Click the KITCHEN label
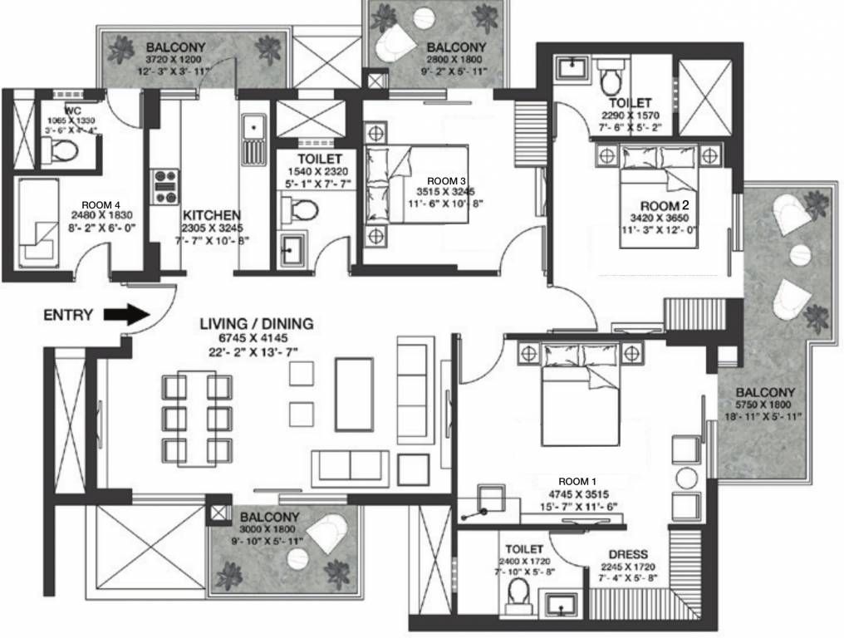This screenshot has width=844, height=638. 212,214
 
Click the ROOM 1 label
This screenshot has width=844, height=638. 577,481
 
